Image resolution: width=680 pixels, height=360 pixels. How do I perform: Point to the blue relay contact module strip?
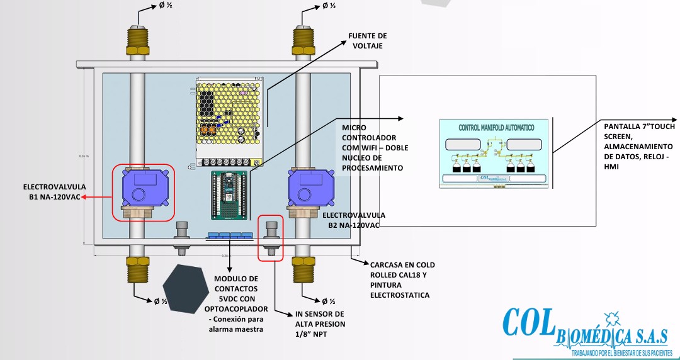[230, 236]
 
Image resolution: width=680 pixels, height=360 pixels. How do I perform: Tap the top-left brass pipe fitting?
[136, 42]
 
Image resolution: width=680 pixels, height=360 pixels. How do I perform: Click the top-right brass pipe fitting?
[303, 42]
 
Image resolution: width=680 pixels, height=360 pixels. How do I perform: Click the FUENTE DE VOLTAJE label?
[368, 41]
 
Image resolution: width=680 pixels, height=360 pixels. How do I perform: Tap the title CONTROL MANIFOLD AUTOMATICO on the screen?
[496, 127]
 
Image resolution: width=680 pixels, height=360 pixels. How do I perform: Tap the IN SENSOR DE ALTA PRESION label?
[320, 319]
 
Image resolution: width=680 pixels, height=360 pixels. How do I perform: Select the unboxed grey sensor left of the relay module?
[182, 237]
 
